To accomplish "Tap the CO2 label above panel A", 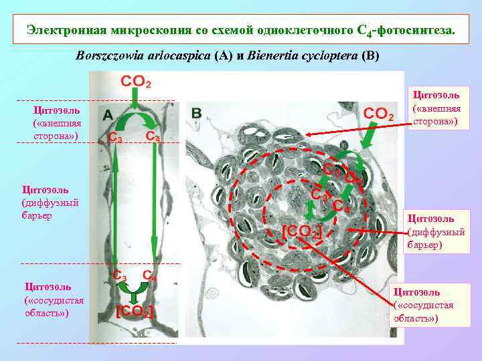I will [136, 82].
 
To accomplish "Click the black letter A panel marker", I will [108, 115].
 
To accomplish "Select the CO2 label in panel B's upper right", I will [378, 114].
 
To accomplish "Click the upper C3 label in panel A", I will [115, 138].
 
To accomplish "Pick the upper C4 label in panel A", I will [153, 136].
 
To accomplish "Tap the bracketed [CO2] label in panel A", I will [136, 311].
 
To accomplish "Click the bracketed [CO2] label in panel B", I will [302, 231].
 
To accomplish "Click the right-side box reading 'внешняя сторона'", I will [440, 108].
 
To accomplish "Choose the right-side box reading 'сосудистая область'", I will [424, 305].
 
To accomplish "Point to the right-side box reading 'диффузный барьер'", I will [436, 231].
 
